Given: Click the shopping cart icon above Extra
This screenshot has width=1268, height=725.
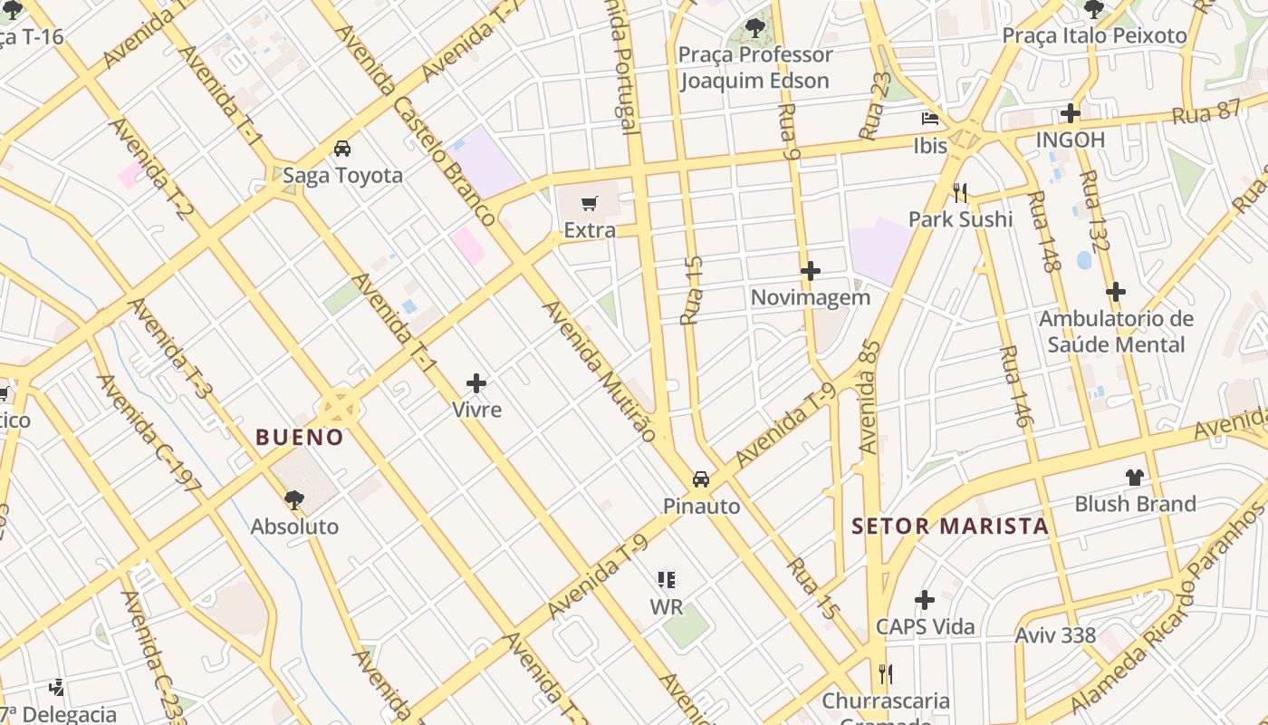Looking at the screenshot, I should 590,204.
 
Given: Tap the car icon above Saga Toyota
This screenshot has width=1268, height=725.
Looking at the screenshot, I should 342,149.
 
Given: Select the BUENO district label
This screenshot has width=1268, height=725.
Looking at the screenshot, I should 300,438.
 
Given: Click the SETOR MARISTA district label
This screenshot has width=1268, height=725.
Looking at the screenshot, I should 950,527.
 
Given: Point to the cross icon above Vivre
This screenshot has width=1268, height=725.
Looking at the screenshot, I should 476,383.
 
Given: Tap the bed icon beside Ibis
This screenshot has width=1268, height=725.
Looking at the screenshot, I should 930,119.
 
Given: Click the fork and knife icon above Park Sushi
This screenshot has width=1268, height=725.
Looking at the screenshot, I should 961,192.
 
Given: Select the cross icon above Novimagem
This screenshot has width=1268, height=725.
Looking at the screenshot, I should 811,271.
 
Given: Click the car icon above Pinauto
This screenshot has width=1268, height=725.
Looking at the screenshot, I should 701,479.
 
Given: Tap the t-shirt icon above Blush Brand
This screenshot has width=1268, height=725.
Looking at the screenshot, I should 1135,478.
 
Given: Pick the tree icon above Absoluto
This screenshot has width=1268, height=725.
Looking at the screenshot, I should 294,499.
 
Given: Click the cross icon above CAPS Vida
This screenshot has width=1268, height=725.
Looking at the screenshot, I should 925,600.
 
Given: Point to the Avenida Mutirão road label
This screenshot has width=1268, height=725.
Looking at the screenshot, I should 599,371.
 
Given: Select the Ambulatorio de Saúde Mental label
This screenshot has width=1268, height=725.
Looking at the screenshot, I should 1116,332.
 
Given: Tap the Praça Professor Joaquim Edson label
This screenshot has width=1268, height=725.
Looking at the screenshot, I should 754,67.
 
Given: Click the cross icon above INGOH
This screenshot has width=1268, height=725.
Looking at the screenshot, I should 1071,113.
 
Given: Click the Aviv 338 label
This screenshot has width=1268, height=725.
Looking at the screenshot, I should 1055,635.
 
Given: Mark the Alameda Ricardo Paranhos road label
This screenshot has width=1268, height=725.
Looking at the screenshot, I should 1168,607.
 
